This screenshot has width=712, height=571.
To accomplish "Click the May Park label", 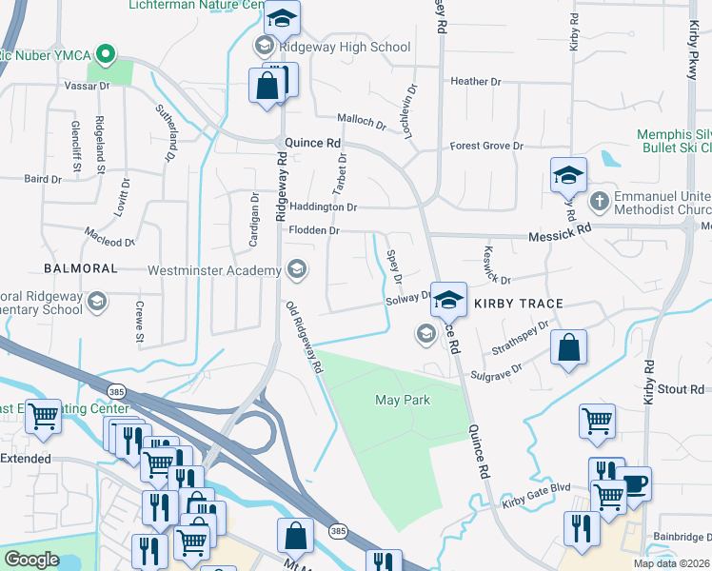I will (x=402, y=401).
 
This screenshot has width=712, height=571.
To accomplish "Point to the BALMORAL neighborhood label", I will (x=81, y=268).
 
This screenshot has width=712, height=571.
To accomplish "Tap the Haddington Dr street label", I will (x=323, y=207).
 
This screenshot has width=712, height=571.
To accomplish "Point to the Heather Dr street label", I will (x=482, y=82).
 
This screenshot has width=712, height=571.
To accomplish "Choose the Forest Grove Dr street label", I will (x=486, y=146).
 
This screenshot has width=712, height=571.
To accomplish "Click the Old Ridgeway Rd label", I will (x=306, y=343).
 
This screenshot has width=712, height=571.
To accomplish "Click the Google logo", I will (x=31, y=560).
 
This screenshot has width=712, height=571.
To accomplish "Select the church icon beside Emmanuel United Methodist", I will (x=599, y=201).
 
